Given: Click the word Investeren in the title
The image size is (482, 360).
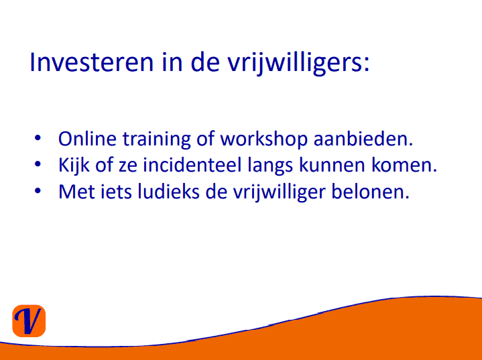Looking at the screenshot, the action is point(91,62).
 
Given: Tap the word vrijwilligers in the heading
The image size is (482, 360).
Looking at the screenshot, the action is point(298,63).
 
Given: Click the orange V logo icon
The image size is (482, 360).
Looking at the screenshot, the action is point(29,320).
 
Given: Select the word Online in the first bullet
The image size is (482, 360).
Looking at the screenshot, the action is point(87,139).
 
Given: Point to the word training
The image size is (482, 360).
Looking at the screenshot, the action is point(157,140).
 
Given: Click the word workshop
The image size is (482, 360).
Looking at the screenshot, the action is point(264,140).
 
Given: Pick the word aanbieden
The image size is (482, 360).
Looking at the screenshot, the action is point(363,139).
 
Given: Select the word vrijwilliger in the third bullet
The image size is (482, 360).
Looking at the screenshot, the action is point(279,193).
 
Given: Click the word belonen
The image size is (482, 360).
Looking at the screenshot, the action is point(370,192).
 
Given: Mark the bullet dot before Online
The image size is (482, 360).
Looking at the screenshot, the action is point(38,138).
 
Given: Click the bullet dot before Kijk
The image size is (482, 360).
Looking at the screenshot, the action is point(38,164).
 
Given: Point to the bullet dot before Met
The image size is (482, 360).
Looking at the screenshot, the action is point(38,190).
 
